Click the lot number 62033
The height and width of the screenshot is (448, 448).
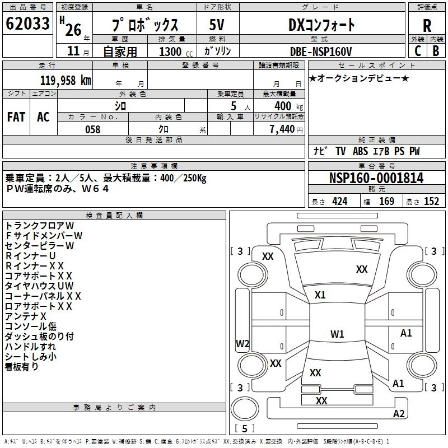tap(27, 25)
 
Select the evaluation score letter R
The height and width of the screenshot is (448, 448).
tap(427, 25)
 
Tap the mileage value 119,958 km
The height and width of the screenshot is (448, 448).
tap(66, 81)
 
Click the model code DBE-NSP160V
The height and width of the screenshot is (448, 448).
tap(321, 51)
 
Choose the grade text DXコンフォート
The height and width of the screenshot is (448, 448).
tap(321, 25)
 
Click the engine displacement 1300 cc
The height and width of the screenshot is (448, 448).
tap(171, 52)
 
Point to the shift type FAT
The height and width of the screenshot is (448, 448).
tap(16, 117)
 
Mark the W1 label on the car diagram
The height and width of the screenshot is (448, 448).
tap(337, 334)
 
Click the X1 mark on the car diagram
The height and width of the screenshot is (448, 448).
tap(320, 295)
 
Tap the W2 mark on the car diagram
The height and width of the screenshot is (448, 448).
tap(242, 343)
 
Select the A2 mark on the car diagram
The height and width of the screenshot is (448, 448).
tap(399, 414)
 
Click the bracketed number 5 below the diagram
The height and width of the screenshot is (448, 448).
tap(245, 428)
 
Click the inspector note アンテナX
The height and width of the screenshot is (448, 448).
tap(26, 316)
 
